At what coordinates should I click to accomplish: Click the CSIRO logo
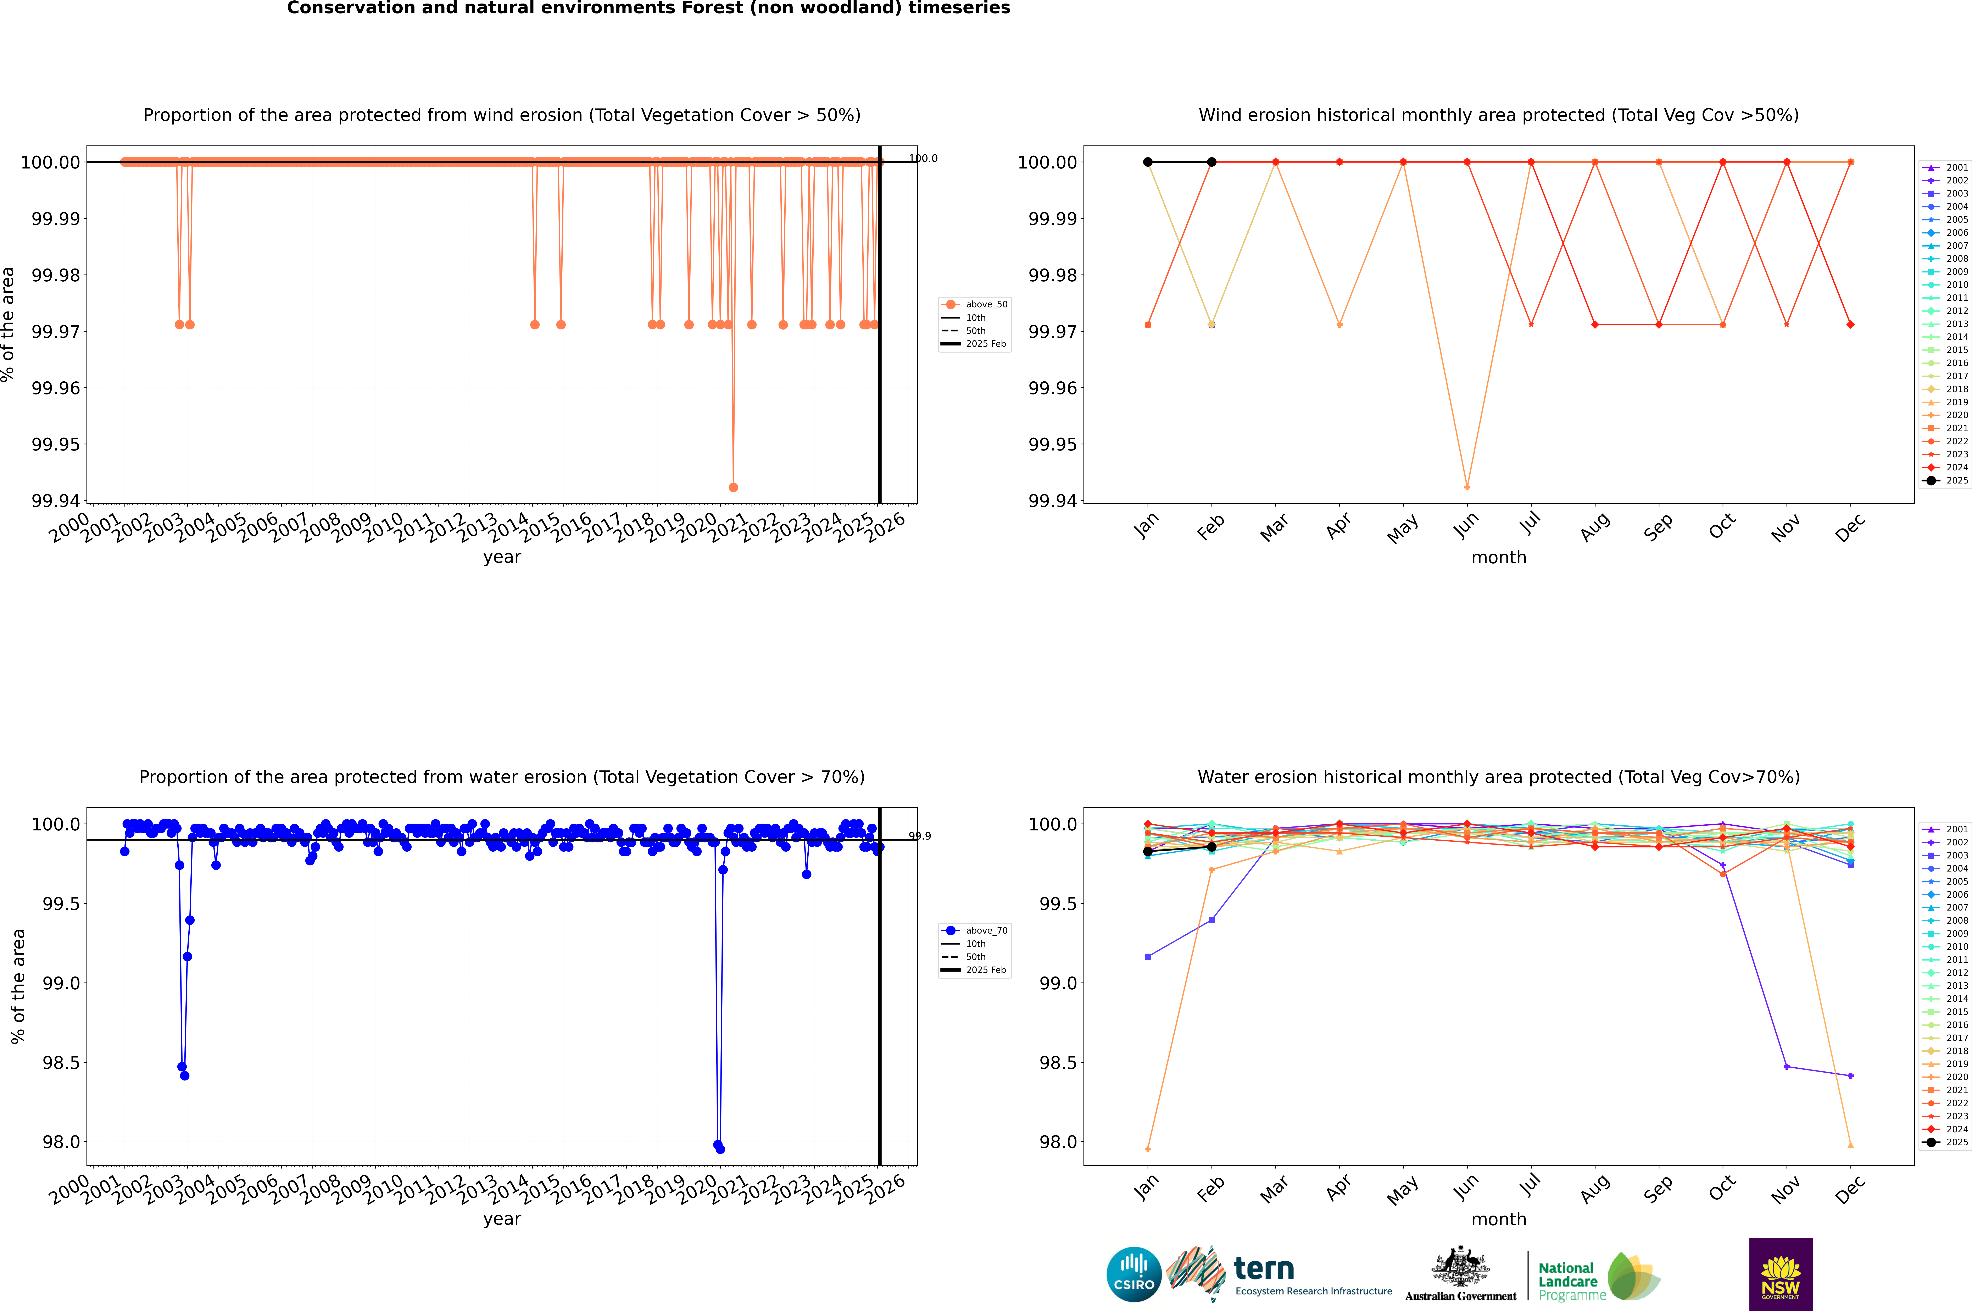(1133, 1274)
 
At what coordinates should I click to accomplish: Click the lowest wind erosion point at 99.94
(733, 487)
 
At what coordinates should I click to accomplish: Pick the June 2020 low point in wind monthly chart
(1467, 487)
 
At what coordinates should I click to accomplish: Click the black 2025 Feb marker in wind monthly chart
(1211, 162)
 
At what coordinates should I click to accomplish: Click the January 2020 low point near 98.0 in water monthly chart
(1148, 1149)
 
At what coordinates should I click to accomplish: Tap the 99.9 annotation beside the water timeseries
(920, 836)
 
